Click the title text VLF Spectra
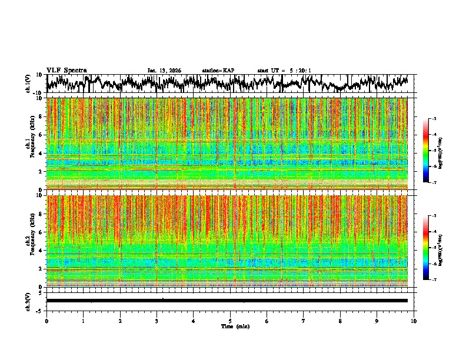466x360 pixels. click(67, 71)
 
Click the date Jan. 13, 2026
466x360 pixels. click(164, 71)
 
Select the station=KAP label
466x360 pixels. click(218, 71)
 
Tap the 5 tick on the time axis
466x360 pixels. click(230, 321)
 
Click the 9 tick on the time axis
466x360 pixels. click(377, 321)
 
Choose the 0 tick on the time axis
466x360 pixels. click(46, 321)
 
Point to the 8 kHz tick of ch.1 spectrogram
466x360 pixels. click(39, 116)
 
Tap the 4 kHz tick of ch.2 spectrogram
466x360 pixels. click(39, 251)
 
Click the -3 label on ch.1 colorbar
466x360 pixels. click(434, 119)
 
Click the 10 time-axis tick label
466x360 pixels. click(414, 321)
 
